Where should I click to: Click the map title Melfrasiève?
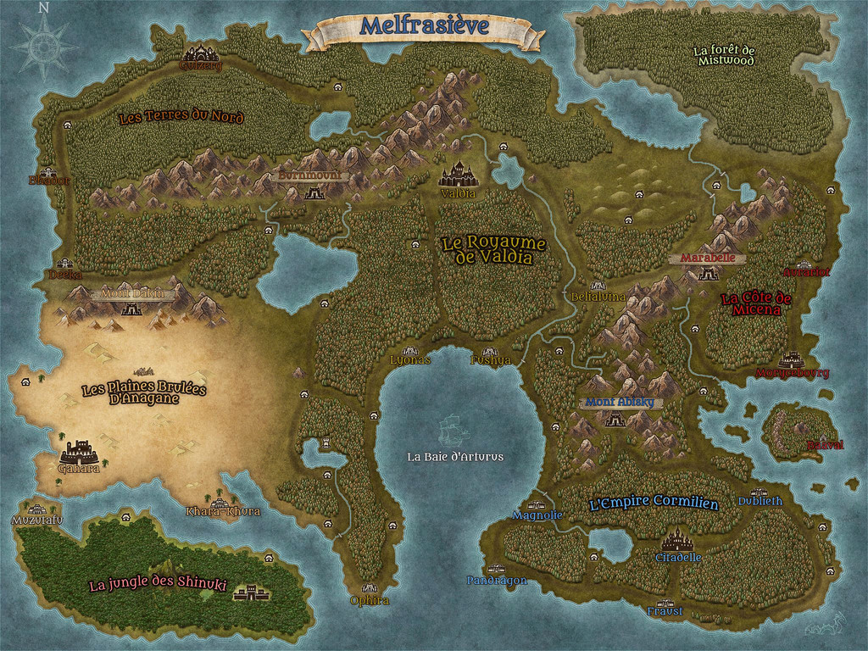click(x=424, y=27)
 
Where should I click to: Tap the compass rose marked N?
click(x=43, y=46)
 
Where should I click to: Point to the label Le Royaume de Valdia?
click(x=494, y=250)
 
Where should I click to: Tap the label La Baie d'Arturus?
click(x=455, y=457)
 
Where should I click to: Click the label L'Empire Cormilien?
click(x=653, y=503)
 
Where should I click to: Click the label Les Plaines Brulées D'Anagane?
click(x=143, y=392)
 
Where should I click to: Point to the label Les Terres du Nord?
click(x=181, y=117)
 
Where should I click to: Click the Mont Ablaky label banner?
click(x=620, y=403)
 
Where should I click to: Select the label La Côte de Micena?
click(x=755, y=304)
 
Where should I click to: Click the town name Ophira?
click(x=370, y=601)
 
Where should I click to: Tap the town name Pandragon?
click(x=497, y=581)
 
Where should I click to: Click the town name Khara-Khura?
click(x=223, y=512)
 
